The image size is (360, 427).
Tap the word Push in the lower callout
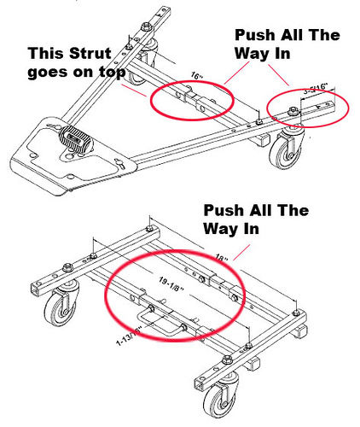(x=219, y=210)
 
